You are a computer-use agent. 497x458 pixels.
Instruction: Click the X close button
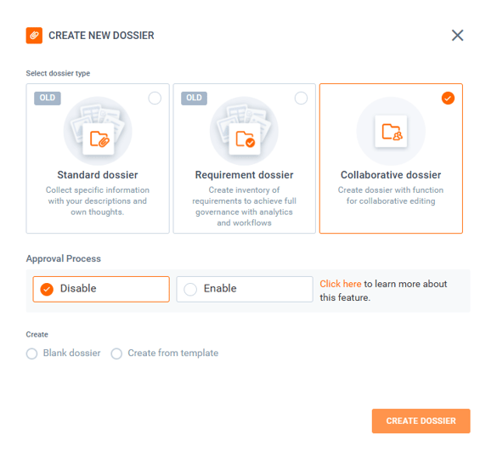click(457, 35)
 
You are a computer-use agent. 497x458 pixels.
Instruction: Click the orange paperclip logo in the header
click(34, 35)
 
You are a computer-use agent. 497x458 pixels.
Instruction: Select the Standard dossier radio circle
click(155, 99)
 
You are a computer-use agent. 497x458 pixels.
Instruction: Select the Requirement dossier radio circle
click(301, 99)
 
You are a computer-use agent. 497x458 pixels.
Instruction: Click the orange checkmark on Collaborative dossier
click(448, 99)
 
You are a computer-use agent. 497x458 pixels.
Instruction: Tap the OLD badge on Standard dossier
click(48, 98)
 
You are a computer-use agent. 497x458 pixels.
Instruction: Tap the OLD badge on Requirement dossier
click(194, 98)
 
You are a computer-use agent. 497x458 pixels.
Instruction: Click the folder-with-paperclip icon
click(99, 139)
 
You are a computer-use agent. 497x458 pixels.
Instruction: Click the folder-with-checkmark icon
click(246, 139)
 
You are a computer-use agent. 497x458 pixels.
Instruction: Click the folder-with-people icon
click(393, 132)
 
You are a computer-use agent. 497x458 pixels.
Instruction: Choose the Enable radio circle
click(190, 289)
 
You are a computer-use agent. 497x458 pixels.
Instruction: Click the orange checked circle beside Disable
click(47, 289)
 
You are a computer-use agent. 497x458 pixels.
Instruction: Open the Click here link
click(341, 284)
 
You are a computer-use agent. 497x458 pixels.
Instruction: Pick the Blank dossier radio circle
click(31, 353)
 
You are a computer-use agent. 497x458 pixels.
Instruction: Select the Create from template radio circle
click(116, 353)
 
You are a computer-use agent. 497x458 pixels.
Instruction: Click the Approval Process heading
click(64, 258)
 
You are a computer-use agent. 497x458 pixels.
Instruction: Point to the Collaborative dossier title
click(391, 175)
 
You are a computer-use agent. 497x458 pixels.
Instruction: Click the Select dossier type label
click(58, 73)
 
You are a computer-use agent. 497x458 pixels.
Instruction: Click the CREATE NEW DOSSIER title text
click(101, 36)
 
